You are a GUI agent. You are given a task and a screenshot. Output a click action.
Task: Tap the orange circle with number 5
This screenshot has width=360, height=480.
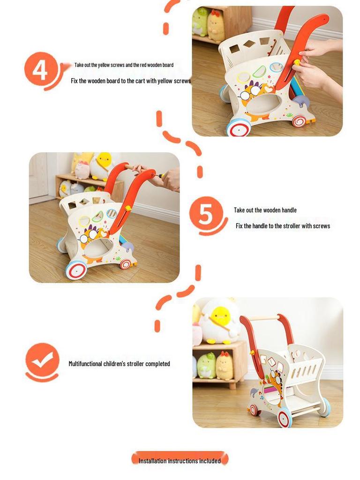[205, 214]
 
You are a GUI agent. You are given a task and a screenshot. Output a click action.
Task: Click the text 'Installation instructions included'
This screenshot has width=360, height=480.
[180, 461]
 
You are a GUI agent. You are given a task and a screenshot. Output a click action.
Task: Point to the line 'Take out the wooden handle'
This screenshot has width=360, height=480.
[265, 210]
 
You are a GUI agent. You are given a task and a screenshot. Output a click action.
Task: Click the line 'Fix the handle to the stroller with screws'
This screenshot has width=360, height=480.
[283, 226]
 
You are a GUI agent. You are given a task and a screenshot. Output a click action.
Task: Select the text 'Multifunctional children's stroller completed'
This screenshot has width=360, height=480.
[119, 364]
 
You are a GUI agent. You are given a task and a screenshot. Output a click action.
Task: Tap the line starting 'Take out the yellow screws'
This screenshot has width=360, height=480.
[124, 65]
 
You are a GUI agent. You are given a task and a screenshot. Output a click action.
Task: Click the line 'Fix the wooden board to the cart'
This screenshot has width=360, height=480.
[131, 81]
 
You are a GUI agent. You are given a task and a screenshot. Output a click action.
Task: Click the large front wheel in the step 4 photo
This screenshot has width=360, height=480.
[239, 127]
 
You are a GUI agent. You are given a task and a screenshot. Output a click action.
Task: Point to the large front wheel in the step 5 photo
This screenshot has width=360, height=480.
[75, 270]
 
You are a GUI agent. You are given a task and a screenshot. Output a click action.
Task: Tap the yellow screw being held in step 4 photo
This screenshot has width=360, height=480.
[296, 62]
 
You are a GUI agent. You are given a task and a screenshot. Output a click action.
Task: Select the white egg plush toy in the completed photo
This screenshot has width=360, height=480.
[219, 321]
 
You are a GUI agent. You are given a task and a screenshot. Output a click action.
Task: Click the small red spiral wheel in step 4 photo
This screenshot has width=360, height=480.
[298, 121]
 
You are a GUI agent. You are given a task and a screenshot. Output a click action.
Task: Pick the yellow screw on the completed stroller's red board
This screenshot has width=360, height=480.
[252, 352]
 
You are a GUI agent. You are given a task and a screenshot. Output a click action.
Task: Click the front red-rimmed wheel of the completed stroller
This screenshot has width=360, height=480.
[285, 417]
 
